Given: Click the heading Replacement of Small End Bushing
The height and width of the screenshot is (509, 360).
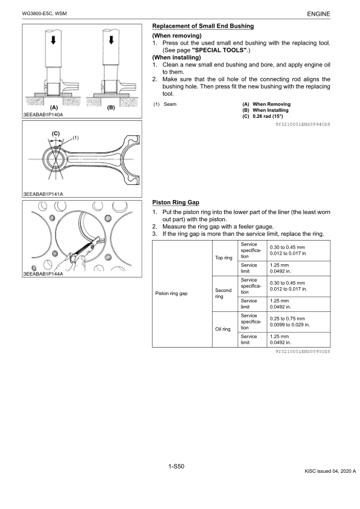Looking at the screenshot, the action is point(203,26).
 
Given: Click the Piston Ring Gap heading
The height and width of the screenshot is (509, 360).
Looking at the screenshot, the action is point(176,203).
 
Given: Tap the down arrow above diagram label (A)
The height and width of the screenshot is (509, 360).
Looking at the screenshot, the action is point(54,40).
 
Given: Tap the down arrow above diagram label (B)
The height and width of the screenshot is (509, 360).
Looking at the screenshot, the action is point(111,40).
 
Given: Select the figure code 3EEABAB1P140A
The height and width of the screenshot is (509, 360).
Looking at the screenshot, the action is point(43,115).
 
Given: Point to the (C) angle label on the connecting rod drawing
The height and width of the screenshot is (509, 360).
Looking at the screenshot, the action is point(56,134).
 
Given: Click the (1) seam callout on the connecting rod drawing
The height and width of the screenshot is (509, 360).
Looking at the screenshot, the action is point(76,138).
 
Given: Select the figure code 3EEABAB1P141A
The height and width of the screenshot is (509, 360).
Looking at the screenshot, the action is point(43,194).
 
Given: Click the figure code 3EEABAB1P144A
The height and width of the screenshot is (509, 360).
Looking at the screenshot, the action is point(43,274).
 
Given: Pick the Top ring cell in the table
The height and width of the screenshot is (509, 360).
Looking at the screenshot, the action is point(225,258).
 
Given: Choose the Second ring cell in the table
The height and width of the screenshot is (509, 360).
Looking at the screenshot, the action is point(225,293).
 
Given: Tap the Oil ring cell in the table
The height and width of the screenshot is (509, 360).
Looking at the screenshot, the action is point(225,329).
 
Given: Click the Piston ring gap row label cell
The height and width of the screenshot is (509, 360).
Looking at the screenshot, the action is point(182,293).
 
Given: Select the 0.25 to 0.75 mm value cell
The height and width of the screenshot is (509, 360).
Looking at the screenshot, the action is point(298,322).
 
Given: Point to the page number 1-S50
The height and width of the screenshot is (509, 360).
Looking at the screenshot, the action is point(176,467).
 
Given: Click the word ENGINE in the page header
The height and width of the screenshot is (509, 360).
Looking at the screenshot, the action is point(318,14).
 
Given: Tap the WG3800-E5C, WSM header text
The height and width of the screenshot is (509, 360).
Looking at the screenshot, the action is point(45,14).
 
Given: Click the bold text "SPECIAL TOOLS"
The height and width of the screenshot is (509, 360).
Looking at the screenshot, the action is point(219,50).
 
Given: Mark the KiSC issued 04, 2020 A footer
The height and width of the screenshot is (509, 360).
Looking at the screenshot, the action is point(330,471).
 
